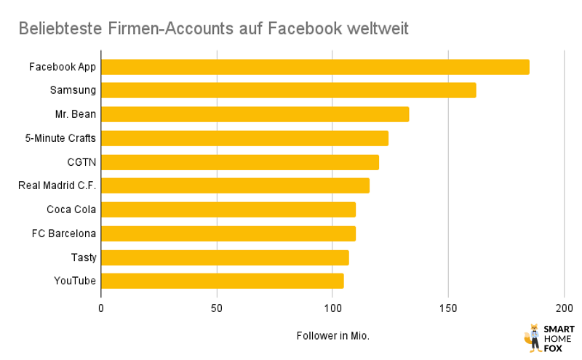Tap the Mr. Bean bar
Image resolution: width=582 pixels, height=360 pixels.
click(x=255, y=114)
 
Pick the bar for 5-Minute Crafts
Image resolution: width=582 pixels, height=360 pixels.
click(x=244, y=138)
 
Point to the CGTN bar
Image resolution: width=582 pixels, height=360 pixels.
click(x=239, y=162)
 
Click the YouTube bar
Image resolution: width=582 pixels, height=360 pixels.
click(x=222, y=281)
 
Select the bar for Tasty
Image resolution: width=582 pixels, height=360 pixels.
click(x=225, y=257)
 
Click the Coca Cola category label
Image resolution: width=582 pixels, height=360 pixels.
click(x=71, y=209)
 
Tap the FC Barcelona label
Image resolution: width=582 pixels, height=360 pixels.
click(x=64, y=233)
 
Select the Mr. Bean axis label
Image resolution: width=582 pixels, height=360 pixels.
click(x=76, y=114)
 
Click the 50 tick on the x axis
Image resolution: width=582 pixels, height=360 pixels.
click(x=217, y=308)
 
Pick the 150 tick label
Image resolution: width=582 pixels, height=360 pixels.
click(x=448, y=308)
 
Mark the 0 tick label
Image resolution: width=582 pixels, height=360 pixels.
click(x=101, y=308)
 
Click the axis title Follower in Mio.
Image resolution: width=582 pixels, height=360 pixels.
click(x=332, y=336)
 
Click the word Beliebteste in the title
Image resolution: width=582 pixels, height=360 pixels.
click(x=62, y=28)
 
